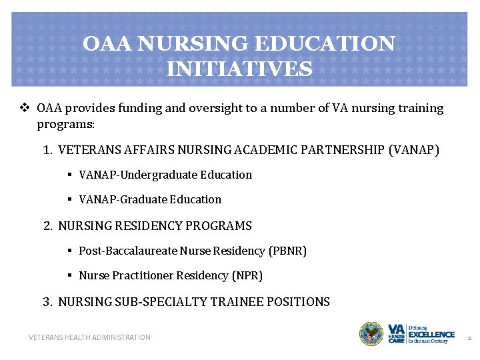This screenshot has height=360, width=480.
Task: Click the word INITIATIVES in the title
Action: point(239,69)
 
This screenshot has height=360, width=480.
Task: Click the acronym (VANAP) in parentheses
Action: point(413,150)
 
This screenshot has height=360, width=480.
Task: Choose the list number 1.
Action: point(47,150)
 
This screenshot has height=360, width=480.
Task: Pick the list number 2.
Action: point(47,226)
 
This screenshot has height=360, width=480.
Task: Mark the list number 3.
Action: point(47,302)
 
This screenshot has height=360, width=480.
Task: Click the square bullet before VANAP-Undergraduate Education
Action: point(69,175)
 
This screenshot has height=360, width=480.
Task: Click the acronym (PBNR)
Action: point(287,251)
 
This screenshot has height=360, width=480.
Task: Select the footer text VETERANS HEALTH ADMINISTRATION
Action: point(89,337)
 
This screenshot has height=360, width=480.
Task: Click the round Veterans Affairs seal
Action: point(371,334)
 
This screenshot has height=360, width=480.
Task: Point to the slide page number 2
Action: point(469,338)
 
